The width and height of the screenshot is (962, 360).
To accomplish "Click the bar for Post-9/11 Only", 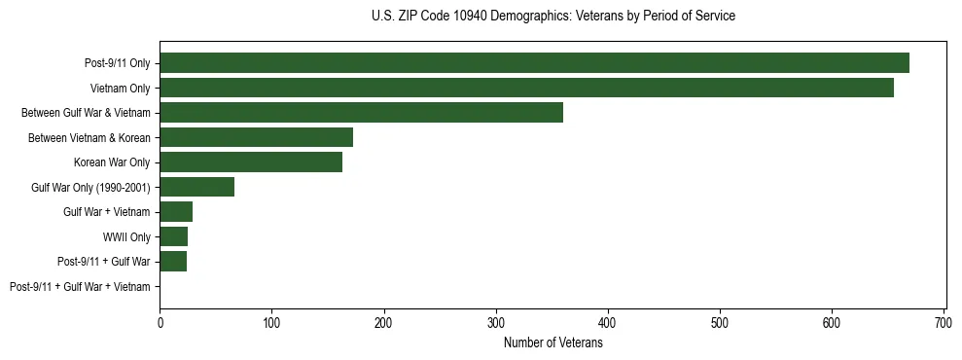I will coord(534,63).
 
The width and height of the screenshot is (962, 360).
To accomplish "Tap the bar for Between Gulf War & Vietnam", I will coord(361,113).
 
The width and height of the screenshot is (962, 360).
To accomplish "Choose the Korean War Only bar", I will coord(251,162).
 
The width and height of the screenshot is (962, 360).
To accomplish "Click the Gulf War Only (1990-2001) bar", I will coord(196,187).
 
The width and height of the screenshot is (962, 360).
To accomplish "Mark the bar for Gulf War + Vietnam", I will coord(176,212).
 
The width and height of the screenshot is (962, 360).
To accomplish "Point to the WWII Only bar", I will coord(173,236).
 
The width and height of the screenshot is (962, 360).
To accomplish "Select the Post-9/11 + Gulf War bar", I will coord(173,262).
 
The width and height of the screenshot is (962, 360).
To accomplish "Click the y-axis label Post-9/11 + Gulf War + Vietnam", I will coord(80,287).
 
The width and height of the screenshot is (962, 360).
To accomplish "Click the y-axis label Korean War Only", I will coord(112,162).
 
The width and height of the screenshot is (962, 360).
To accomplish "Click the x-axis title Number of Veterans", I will coord(552,342).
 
